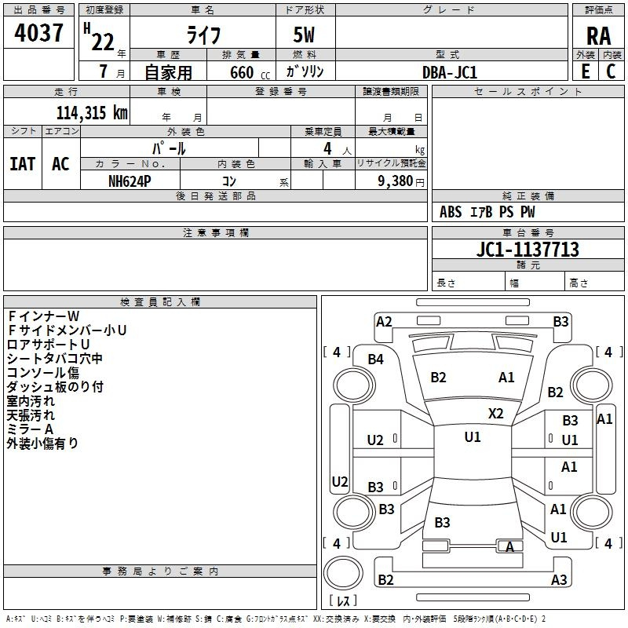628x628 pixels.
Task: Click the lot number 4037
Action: pos(39,34)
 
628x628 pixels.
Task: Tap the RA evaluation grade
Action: pos(598,35)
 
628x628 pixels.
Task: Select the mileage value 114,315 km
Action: pos(92,112)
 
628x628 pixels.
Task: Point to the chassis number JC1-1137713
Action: pos(528,250)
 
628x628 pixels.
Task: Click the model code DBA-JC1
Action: pos(450,71)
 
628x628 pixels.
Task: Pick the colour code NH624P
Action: pos(130,180)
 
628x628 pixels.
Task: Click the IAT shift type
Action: pos(22,164)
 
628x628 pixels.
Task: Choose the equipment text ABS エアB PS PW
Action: pos(487,212)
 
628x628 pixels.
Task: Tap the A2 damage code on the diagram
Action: pos(384,321)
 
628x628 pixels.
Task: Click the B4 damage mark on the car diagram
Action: pos(376,359)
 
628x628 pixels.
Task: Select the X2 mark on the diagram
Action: pos(496,413)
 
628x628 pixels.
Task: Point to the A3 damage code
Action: pos(559,579)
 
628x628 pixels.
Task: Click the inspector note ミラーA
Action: pos(30,429)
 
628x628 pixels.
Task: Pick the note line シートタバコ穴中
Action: pos(55,359)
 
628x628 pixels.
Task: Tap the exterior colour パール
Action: pos(169,148)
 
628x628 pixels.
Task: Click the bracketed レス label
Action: pos(343,601)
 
